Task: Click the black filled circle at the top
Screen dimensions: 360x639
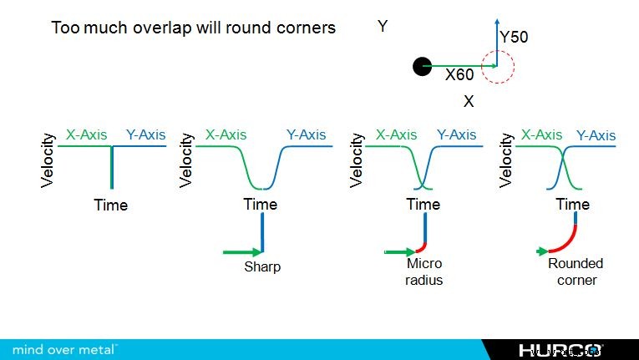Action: point(423,66)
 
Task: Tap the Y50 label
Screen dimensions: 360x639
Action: point(514,38)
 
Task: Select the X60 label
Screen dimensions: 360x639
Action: point(459,75)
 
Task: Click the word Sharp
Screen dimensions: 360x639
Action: point(261,267)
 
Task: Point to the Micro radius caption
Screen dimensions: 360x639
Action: point(423,271)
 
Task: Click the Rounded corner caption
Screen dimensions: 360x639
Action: point(576,271)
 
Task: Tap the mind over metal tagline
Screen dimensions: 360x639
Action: point(65,348)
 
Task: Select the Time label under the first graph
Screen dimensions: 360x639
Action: point(110,205)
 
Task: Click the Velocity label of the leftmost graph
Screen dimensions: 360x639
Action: point(48,159)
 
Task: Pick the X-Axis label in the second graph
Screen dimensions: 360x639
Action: point(226,134)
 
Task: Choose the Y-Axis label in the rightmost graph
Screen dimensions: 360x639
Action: point(596,135)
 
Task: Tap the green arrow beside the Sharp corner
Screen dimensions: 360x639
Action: point(242,251)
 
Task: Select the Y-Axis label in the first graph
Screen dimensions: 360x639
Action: point(145,134)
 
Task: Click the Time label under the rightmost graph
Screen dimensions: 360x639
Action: point(572,205)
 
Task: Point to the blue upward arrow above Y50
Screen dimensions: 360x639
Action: point(497,38)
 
